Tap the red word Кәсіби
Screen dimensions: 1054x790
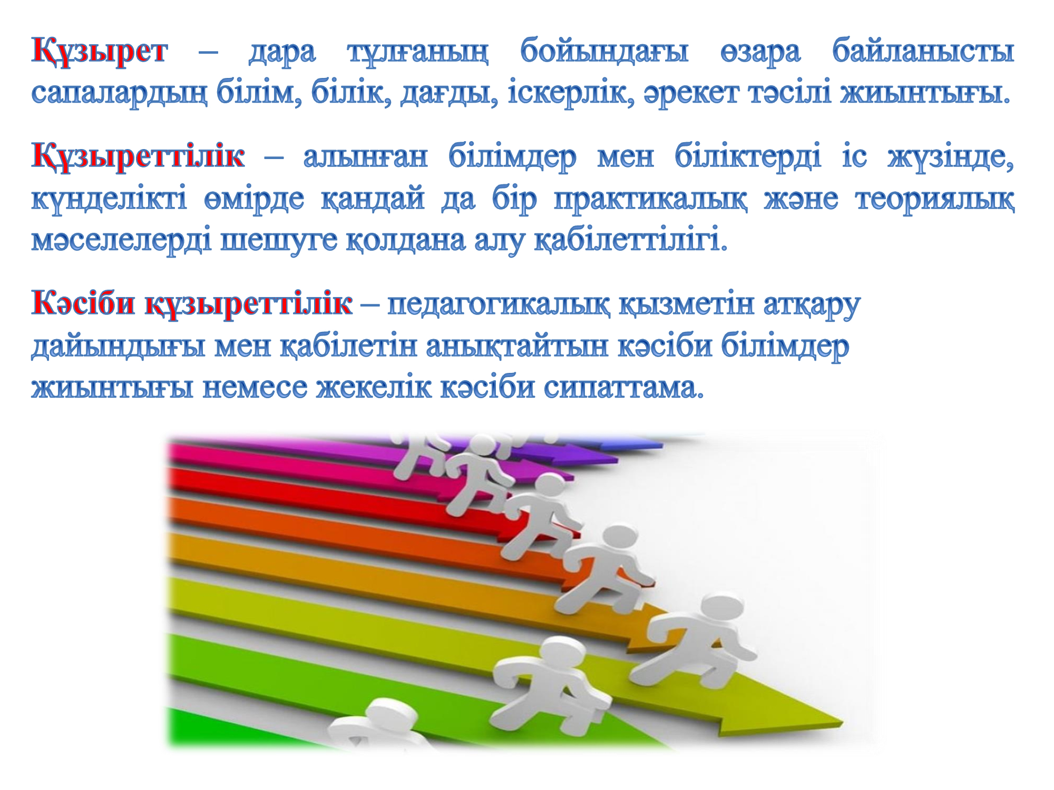(83, 304)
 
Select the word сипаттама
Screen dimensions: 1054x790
(624, 388)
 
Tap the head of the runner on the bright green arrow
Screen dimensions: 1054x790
(559, 653)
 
